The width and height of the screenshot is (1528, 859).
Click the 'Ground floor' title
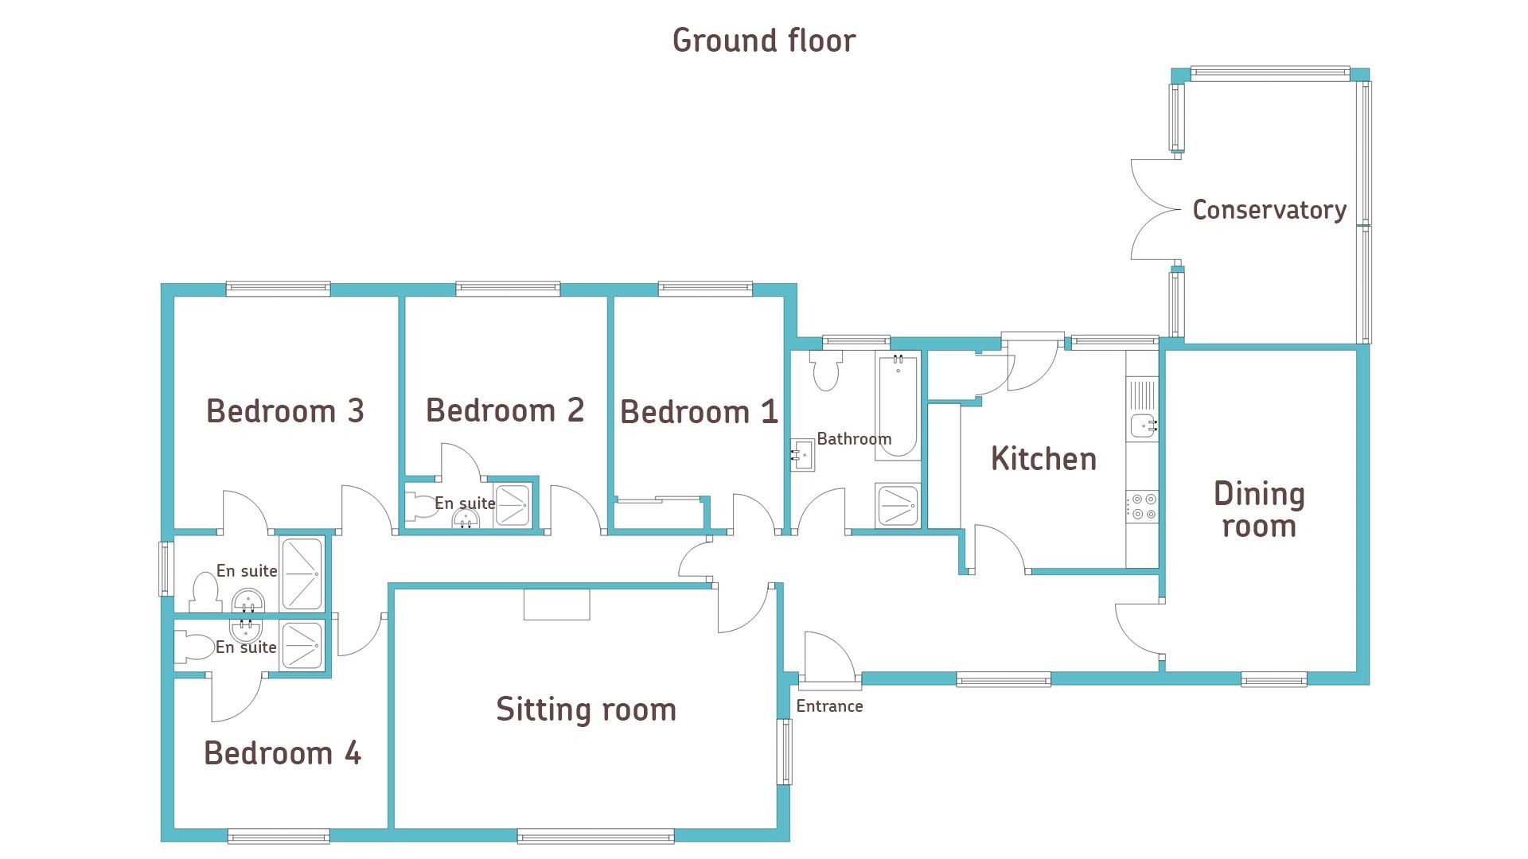point(764,41)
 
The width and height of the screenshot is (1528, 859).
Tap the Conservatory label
point(1269,210)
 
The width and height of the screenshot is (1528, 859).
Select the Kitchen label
point(1043,459)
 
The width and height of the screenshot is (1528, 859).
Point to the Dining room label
point(1259,510)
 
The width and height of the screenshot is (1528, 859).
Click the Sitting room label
point(586,709)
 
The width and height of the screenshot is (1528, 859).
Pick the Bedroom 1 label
point(699,412)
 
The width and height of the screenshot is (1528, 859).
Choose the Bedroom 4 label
point(283,752)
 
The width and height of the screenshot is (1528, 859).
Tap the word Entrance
point(829,706)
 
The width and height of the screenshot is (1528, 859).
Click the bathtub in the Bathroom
point(898,406)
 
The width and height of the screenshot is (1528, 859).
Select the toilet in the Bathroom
point(826,371)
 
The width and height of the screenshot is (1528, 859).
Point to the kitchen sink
point(1143,426)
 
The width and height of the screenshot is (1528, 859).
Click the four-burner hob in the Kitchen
point(1142,507)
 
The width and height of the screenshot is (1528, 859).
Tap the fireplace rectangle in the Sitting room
point(556,604)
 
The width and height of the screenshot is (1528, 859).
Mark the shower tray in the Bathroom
point(898,505)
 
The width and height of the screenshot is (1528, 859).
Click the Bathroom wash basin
point(801,455)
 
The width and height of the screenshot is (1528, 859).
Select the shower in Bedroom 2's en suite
point(513,504)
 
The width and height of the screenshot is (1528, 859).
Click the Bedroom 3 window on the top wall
point(278,289)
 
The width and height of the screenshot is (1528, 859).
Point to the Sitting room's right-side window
point(785,752)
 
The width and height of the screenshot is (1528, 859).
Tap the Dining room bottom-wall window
point(1273,679)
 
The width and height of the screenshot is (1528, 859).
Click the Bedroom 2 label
point(505,410)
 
